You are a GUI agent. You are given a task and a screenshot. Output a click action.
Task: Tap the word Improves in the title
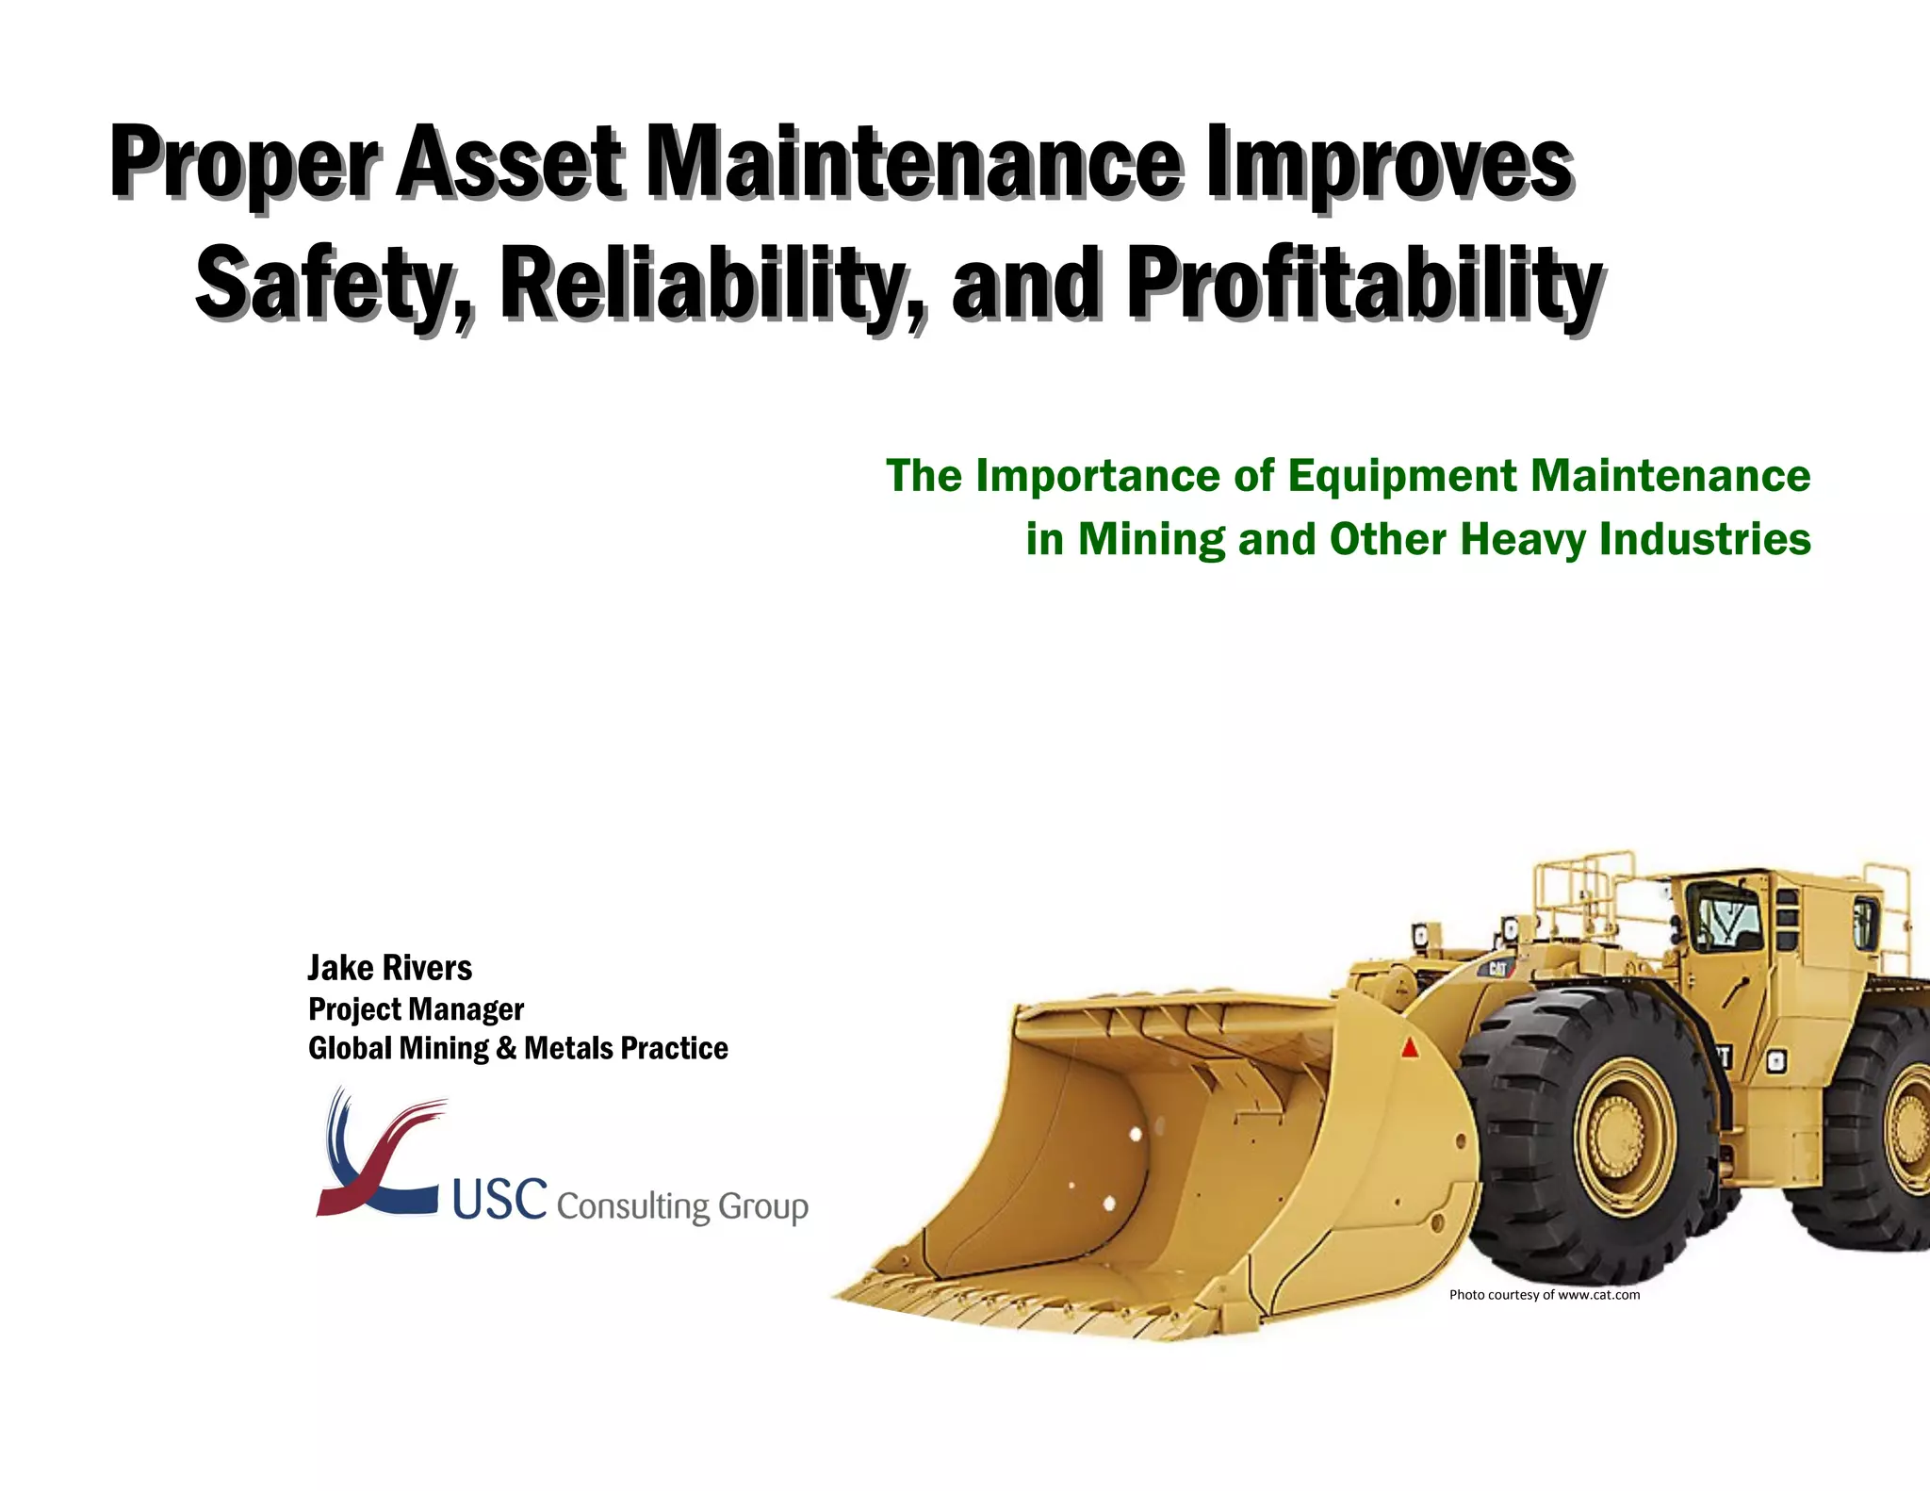tap(1390, 162)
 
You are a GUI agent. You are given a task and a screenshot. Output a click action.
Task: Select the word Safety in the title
tap(325, 283)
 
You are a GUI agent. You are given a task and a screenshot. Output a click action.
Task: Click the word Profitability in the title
tap(1364, 283)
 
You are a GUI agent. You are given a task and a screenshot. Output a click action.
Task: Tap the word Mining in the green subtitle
tap(1151, 540)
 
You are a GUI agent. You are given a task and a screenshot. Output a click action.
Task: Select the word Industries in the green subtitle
tap(1705, 540)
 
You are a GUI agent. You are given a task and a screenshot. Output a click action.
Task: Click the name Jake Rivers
tap(389, 968)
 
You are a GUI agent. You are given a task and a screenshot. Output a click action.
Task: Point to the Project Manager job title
tap(416, 1009)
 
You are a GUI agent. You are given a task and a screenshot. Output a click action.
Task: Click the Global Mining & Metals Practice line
tap(517, 1048)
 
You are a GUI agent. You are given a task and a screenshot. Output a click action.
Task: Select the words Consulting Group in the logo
tap(682, 1206)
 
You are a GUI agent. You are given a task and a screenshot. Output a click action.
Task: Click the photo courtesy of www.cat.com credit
tap(1544, 1295)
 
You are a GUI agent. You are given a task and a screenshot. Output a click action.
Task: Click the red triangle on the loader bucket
tap(1410, 1047)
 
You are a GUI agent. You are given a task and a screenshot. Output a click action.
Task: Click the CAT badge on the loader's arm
tap(1497, 969)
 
